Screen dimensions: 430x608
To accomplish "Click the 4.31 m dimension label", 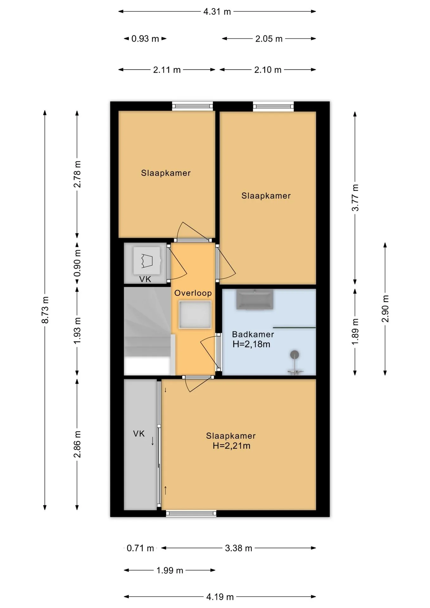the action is coord(217,12).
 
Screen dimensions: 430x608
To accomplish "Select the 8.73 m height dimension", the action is coord(45,310).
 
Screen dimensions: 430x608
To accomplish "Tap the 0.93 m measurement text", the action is coord(145,39).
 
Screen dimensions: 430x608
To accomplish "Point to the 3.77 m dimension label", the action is coord(355,198).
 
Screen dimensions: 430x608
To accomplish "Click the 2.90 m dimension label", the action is coord(385,309).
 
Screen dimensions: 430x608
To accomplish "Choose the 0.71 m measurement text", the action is coord(140,548).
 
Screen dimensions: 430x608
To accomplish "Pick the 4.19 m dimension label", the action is coord(220,597).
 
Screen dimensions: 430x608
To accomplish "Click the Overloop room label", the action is coord(193,293).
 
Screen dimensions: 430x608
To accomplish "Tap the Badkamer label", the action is coord(253,334).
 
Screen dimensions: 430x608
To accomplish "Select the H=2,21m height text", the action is coord(231,446).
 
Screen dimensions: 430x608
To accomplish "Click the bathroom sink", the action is coord(255,299).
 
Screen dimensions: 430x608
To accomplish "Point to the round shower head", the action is coord(295,354).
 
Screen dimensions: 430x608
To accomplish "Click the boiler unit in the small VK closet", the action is coord(147,261).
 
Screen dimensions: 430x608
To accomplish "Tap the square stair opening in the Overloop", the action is coord(195,315).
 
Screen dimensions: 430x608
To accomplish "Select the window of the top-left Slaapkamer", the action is coord(193,106).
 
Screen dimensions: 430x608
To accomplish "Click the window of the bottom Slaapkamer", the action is coord(191,513).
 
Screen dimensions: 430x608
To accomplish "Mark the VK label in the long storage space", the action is coord(139,434).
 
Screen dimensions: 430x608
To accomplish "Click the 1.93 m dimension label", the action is coord(77,330).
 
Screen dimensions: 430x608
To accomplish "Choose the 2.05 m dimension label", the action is coord(269,39).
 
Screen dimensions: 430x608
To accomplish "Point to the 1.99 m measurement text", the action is coord(170,571).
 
